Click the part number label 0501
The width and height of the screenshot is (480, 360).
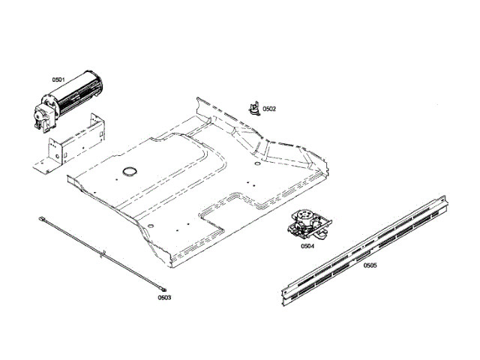click(x=58, y=79)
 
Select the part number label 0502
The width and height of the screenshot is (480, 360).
click(x=269, y=109)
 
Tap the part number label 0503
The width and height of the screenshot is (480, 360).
click(x=164, y=298)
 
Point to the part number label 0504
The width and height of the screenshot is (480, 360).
click(x=307, y=245)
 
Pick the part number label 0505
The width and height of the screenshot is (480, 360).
click(x=370, y=265)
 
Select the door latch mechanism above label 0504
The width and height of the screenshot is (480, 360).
click(x=307, y=223)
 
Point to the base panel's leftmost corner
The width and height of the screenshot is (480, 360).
click(x=67, y=178)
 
